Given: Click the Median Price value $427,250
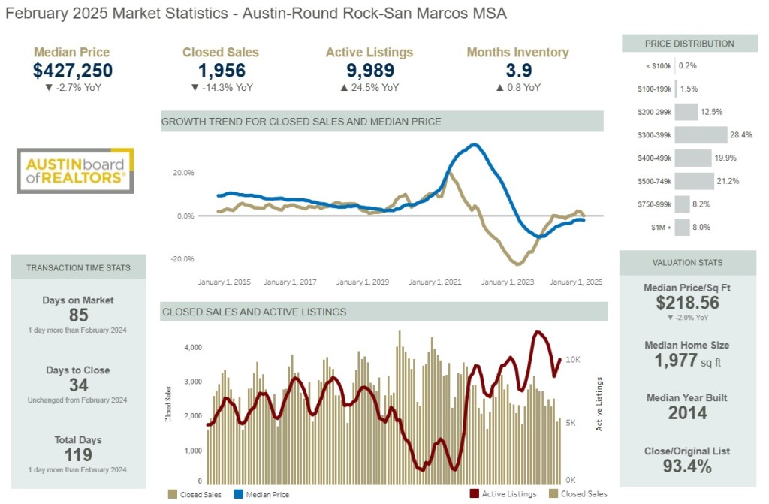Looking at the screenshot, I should (x=72, y=71).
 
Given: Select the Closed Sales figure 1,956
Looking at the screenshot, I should (x=222, y=71).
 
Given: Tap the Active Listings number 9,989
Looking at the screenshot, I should (x=369, y=71).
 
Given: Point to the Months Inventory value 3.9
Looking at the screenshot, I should (x=517, y=71).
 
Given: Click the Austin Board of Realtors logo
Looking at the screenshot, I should (x=75, y=171).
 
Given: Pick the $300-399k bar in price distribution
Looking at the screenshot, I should (x=701, y=135).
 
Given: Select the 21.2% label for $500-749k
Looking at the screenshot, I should (x=728, y=181).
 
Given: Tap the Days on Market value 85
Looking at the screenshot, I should (x=78, y=315).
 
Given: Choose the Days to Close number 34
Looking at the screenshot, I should (x=78, y=385).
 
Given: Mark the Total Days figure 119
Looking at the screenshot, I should (x=78, y=455).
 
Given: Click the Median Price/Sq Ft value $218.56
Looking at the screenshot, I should (x=687, y=303).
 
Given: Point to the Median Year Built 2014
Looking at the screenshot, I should (x=687, y=412).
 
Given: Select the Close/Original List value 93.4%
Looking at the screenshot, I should (x=687, y=466).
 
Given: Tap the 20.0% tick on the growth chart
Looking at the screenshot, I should (x=184, y=173).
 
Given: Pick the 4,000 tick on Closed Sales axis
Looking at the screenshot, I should (x=192, y=348).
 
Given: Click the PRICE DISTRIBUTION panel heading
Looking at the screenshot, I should (x=689, y=44).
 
